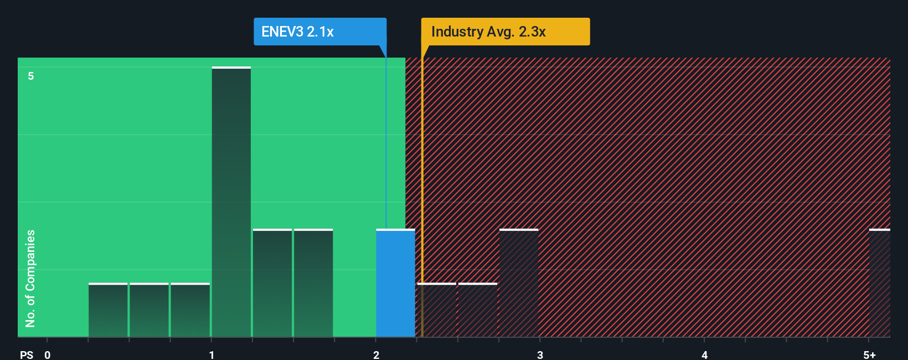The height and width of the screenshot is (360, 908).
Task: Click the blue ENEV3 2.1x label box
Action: pyautogui.click(x=319, y=32)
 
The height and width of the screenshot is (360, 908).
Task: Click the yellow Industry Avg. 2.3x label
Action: pyautogui.click(x=504, y=32)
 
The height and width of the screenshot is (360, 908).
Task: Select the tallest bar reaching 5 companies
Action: pyautogui.click(x=231, y=202)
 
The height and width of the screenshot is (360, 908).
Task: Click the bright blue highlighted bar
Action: pyautogui.click(x=395, y=283)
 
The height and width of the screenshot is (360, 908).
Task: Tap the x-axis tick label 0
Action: pyautogui.click(x=48, y=354)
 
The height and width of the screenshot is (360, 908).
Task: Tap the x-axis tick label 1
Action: pyautogui.click(x=211, y=354)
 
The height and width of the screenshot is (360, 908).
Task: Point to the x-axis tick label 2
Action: pyautogui.click(x=376, y=354)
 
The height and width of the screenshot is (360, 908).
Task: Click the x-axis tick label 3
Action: pyautogui.click(x=540, y=354)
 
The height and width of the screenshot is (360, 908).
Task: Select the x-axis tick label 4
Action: pyautogui.click(x=704, y=354)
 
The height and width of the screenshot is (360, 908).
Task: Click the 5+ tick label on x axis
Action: pyautogui.click(x=869, y=354)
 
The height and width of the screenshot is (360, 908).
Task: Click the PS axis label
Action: pyautogui.click(x=27, y=354)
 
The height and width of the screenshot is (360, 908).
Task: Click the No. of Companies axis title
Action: pyautogui.click(x=30, y=278)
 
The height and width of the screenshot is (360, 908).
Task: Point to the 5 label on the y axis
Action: pyautogui.click(x=31, y=76)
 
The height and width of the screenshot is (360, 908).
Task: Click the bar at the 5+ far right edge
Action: pyautogui.click(x=879, y=283)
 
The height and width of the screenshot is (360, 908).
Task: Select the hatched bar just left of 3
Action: pyautogui.click(x=519, y=283)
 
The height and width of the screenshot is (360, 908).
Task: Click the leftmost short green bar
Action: pyautogui.click(x=108, y=310)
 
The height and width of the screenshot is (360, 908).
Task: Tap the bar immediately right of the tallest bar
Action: pyautogui.click(x=272, y=283)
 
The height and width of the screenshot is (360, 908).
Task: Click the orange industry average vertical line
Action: pyautogui.click(x=422, y=194)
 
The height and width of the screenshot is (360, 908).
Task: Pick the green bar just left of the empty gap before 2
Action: pyautogui.click(x=313, y=283)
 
